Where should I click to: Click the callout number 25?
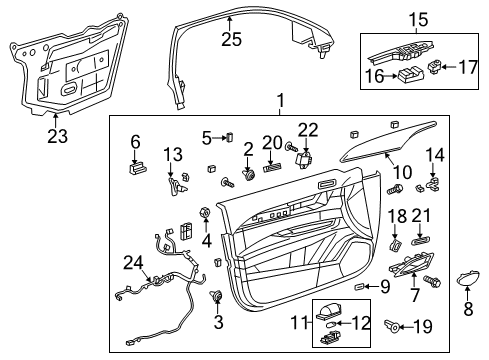(x=232, y=39)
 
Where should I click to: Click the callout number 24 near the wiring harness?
(x=127, y=262)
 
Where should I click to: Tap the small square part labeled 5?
(x=228, y=137)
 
